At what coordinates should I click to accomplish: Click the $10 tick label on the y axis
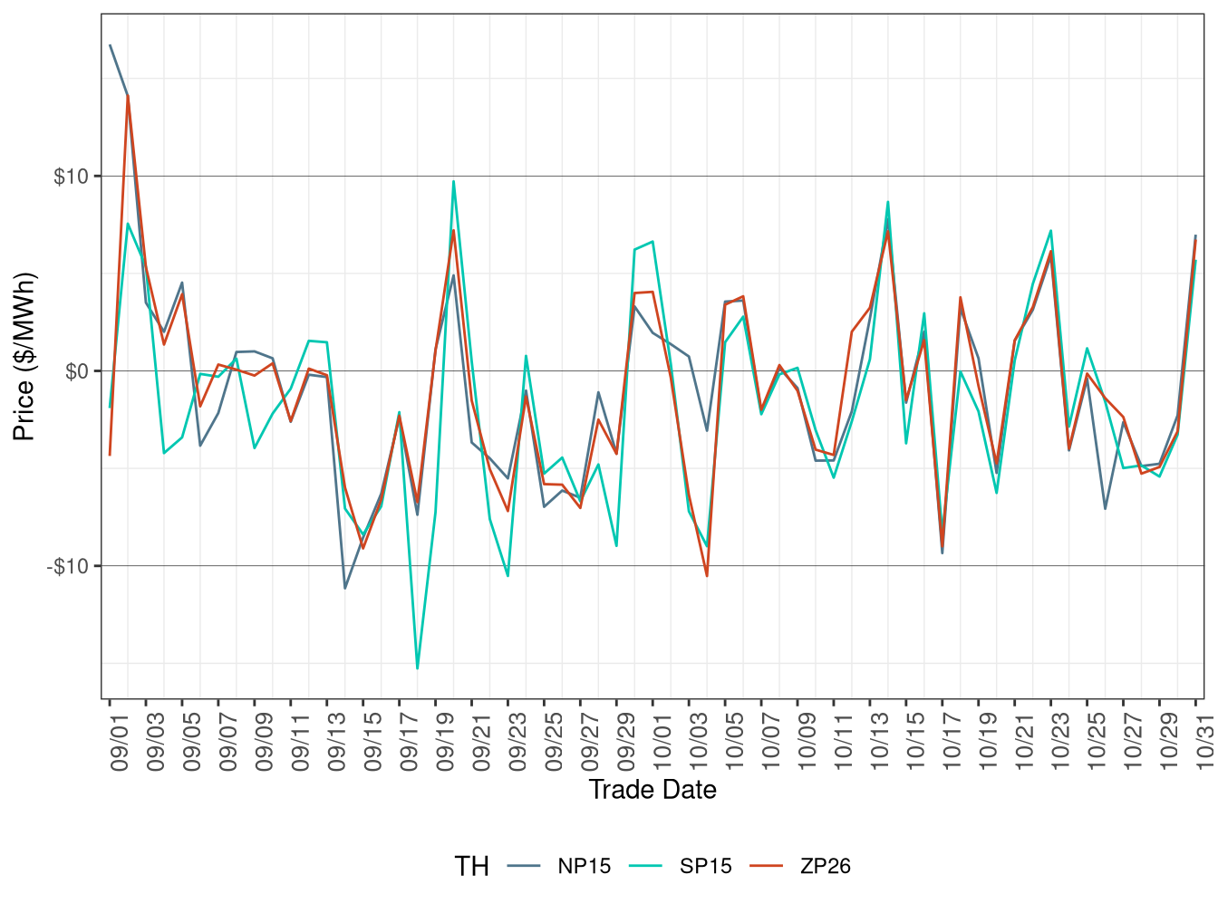pos(71,177)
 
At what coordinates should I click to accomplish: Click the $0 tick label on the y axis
pos(76,371)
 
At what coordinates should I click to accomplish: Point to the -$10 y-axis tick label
pos(68,567)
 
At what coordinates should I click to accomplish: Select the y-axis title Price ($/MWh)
pos(24,357)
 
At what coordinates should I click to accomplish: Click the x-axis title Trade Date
pos(652,790)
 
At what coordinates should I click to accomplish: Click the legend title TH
pos(471,867)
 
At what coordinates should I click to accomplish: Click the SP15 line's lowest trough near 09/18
pos(417,668)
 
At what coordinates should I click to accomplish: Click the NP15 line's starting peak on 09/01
pos(110,45)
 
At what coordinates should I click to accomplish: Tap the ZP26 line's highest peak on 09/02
pos(128,96)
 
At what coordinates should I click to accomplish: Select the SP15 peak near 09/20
pos(453,181)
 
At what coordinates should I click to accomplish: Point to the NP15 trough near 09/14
pos(345,589)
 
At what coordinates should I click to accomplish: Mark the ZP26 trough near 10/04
pos(707,576)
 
